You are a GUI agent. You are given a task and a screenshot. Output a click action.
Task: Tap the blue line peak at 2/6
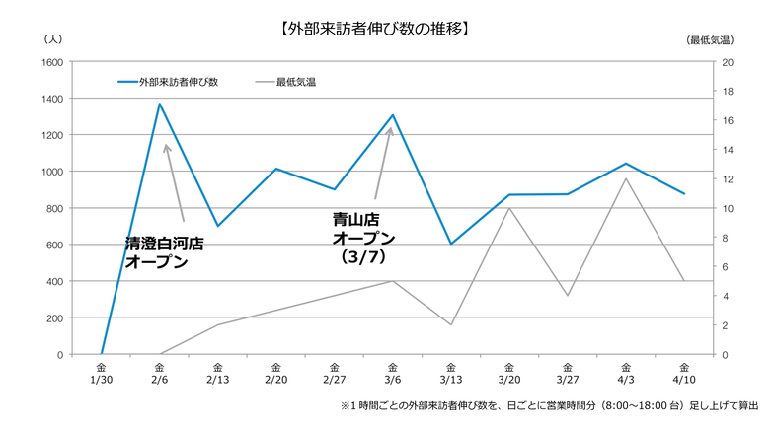160,104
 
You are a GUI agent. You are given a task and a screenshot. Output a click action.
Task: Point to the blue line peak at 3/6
393,115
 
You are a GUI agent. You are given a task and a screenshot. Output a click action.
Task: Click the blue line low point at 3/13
451,244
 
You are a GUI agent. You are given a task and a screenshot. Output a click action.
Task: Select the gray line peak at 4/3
626,178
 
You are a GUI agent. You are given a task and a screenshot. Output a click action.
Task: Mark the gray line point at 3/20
509,208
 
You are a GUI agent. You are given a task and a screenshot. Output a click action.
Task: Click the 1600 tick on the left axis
52,62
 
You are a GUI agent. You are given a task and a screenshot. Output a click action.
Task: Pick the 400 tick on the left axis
55,281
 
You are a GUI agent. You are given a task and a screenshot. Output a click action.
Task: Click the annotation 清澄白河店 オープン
164,252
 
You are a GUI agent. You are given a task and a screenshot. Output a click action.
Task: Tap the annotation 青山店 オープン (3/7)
362,238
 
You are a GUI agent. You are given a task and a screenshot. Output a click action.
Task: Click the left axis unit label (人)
53,39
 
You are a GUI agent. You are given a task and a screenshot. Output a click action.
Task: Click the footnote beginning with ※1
549,405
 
